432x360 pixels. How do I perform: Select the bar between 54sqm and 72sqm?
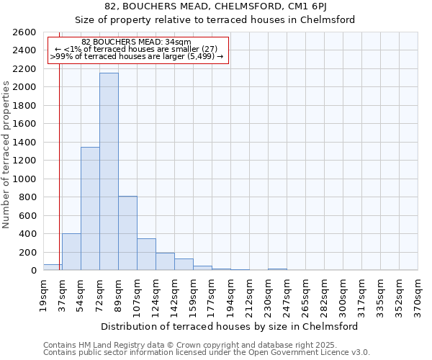coord(90,209)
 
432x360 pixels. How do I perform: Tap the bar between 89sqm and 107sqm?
coord(127,233)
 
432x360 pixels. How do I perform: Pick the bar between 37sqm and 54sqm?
coord(71,252)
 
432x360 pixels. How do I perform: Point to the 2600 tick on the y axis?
coord(24,32)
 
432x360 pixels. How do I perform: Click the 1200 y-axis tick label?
coord(24,161)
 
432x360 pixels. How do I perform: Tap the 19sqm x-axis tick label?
coord(43,293)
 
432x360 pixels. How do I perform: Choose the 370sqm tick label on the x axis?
coord(418,293)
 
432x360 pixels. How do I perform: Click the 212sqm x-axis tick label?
coord(249,293)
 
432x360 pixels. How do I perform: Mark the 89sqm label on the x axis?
coord(118,293)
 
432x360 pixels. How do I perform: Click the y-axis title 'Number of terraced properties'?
coord(6,155)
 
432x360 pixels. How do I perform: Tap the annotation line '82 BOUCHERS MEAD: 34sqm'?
coord(136,42)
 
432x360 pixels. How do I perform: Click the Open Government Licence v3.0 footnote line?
coord(207,353)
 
